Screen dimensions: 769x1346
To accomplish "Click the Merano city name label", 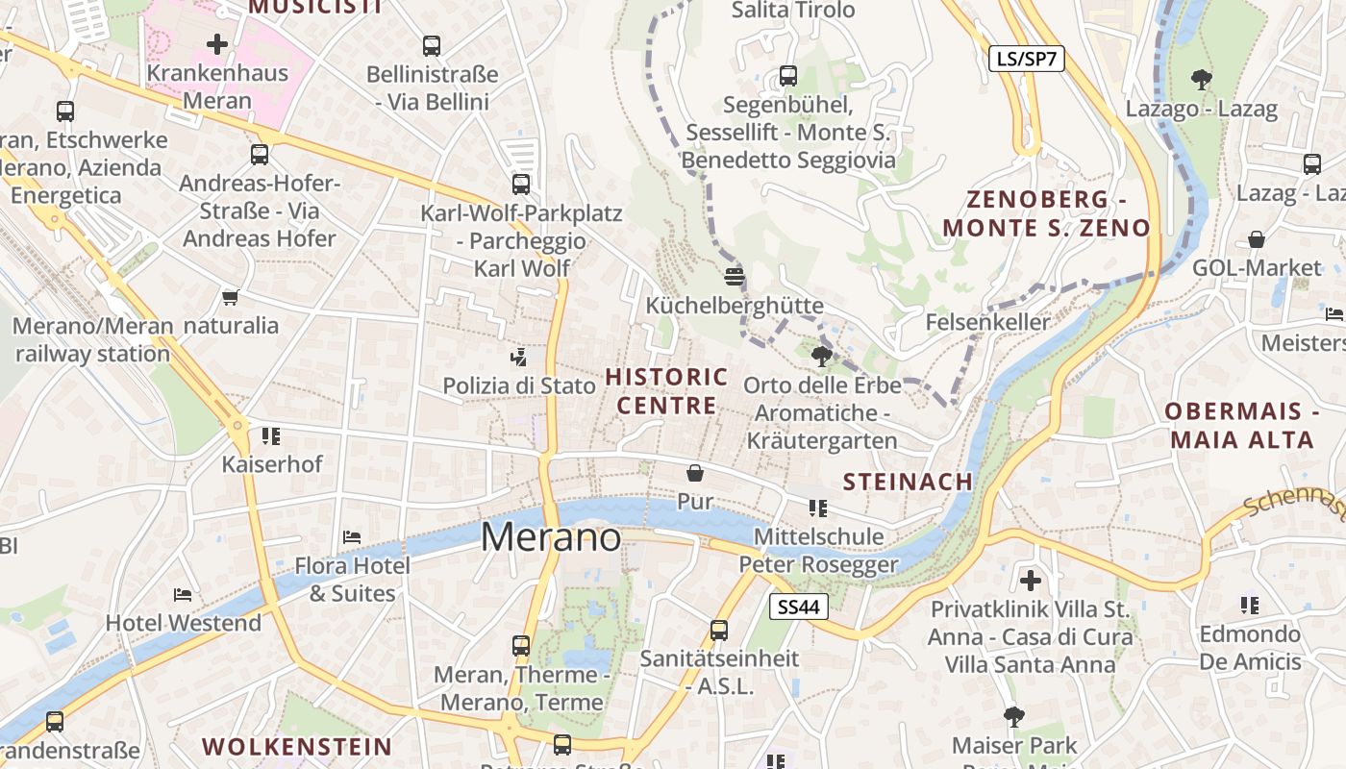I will click(551, 536).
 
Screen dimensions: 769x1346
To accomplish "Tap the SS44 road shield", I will click(799, 607).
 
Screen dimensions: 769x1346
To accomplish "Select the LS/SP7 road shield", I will click(1027, 59).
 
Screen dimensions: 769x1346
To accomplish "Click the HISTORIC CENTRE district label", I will click(666, 390).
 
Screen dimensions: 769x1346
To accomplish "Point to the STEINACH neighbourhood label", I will click(908, 482).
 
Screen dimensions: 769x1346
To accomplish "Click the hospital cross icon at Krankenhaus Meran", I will click(217, 44).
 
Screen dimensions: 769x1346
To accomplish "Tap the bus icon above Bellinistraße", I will click(432, 45).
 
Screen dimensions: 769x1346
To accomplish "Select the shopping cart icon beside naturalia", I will click(230, 297).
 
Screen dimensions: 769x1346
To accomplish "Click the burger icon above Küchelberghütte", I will click(735, 277).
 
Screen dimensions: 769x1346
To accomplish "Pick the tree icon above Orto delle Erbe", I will click(821, 357).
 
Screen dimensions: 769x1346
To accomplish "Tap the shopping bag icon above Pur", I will click(695, 473).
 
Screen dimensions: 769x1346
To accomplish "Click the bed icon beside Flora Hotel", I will click(352, 536).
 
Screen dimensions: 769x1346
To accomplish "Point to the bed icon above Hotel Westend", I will click(183, 594).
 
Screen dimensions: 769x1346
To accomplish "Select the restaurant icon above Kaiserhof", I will click(271, 435).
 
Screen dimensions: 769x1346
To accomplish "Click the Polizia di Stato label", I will click(519, 385).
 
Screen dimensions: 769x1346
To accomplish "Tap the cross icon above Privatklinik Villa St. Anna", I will click(1031, 580).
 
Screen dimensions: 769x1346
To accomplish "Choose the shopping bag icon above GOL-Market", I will click(1257, 239).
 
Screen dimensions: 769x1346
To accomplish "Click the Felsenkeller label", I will click(988, 322).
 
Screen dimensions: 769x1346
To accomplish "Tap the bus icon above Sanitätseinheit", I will click(719, 631).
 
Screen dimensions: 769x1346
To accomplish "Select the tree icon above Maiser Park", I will click(1013, 716).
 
